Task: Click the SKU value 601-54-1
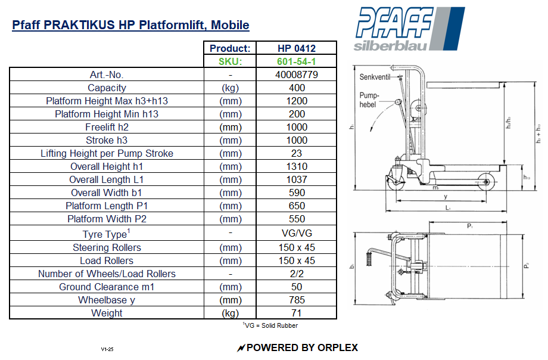tap(297, 61)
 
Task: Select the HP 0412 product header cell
tap(297, 48)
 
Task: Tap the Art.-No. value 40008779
tap(297, 75)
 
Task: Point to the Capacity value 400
tap(297, 88)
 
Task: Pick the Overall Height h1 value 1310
tap(297, 166)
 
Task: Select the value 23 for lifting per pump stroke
tap(297, 153)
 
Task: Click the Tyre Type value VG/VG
tap(297, 234)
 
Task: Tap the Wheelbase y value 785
tap(297, 300)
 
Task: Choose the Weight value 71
tap(297, 313)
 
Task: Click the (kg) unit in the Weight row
tap(230, 313)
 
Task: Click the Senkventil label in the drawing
tap(374, 77)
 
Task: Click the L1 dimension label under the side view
tap(447, 208)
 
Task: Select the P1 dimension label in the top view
tap(470, 226)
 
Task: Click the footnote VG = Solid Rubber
tap(270, 325)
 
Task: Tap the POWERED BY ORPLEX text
tap(297, 347)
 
